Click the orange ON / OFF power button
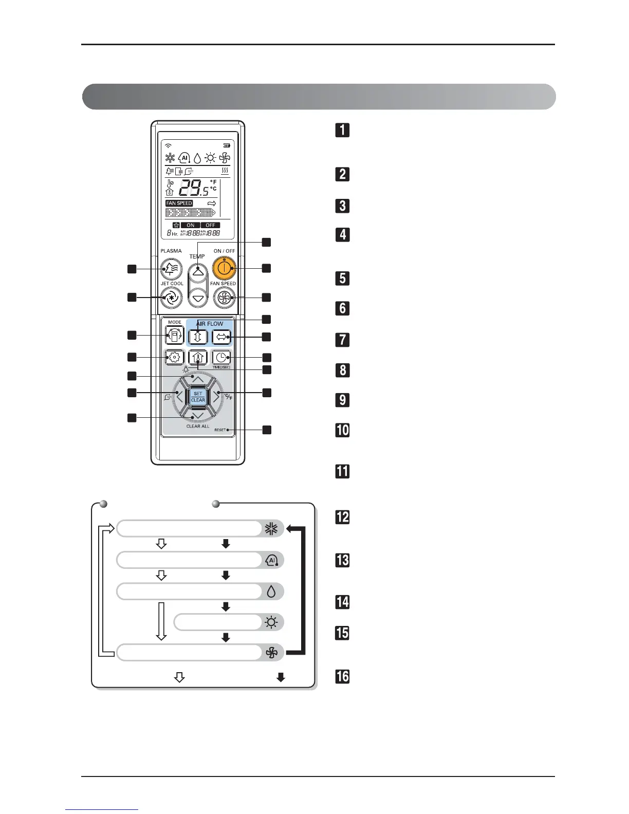pyautogui.click(x=224, y=267)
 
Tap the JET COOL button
pyautogui.click(x=172, y=297)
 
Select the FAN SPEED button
pyautogui.click(x=224, y=298)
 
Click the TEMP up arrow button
pyautogui.click(x=198, y=271)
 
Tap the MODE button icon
pyautogui.click(x=175, y=336)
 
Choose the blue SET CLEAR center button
pyautogui.click(x=198, y=397)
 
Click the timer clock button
pyautogui.click(x=221, y=358)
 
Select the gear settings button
pyautogui.click(x=175, y=357)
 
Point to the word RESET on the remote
pyautogui.click(x=220, y=430)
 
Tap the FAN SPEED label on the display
pyautogui.click(x=179, y=203)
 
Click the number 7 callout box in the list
pyautogui.click(x=343, y=340)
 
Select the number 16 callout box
pyautogui.click(x=343, y=676)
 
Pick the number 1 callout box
pyautogui.click(x=343, y=130)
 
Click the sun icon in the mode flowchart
pyautogui.click(x=271, y=622)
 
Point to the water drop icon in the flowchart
pyautogui.click(x=271, y=591)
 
